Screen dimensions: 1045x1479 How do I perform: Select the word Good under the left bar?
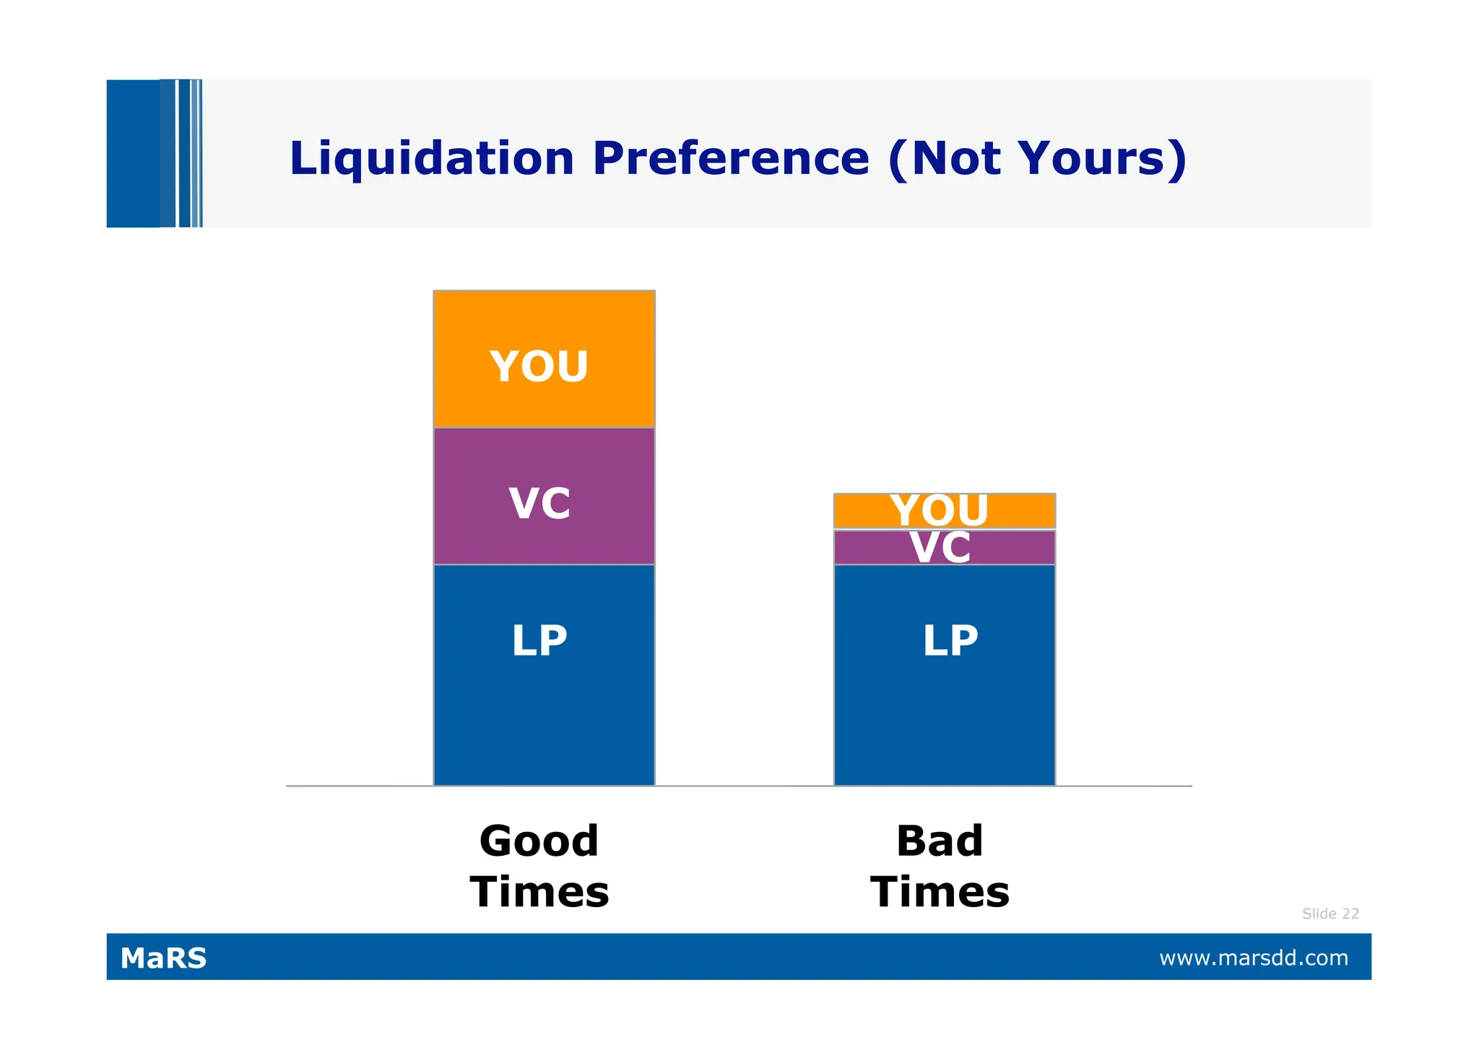pyautogui.click(x=539, y=841)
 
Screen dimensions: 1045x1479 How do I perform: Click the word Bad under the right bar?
pyautogui.click(x=940, y=841)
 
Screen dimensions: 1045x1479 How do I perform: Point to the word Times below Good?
pyautogui.click(x=539, y=892)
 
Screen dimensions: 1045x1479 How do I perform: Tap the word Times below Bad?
pyautogui.click(x=940, y=892)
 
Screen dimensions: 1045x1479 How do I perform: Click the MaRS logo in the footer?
pyautogui.click(x=163, y=958)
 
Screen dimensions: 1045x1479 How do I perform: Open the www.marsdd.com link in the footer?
pyautogui.click(x=1254, y=958)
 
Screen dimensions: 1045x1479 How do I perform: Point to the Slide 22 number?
pyautogui.click(x=1330, y=914)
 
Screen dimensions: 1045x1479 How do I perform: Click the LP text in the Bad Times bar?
pyautogui.click(x=950, y=641)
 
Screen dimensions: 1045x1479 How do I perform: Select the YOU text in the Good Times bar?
pyautogui.click(x=539, y=366)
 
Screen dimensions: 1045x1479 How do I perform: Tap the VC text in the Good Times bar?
pyautogui.click(x=539, y=503)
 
